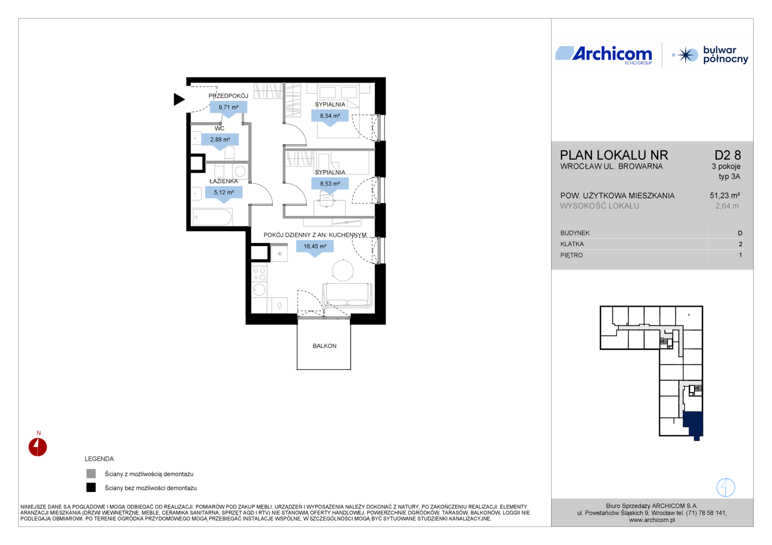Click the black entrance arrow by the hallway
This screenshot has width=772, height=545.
tap(178, 99)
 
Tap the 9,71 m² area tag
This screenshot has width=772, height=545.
tap(228, 108)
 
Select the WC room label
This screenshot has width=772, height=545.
tap(220, 128)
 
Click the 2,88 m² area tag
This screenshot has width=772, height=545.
tap(220, 140)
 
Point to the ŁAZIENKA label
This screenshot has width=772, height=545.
tap(224, 181)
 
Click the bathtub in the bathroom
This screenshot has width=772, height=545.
tap(212, 217)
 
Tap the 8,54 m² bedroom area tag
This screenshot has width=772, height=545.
tap(330, 117)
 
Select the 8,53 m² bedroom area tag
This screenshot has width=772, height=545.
tap(330, 185)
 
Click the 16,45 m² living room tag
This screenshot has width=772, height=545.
tap(315, 248)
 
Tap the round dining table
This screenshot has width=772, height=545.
tap(343, 270)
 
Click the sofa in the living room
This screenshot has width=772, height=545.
tap(347, 295)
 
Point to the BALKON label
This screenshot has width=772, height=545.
tap(324, 346)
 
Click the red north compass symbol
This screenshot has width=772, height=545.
tap(37, 447)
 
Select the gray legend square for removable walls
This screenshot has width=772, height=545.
tap(91, 474)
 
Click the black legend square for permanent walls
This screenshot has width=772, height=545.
tap(91, 487)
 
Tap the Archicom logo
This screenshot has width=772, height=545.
tap(603, 55)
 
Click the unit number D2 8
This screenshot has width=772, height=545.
tap(728, 155)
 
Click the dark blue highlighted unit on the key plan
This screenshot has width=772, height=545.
tap(693, 424)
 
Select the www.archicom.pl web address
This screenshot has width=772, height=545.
tap(652, 520)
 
